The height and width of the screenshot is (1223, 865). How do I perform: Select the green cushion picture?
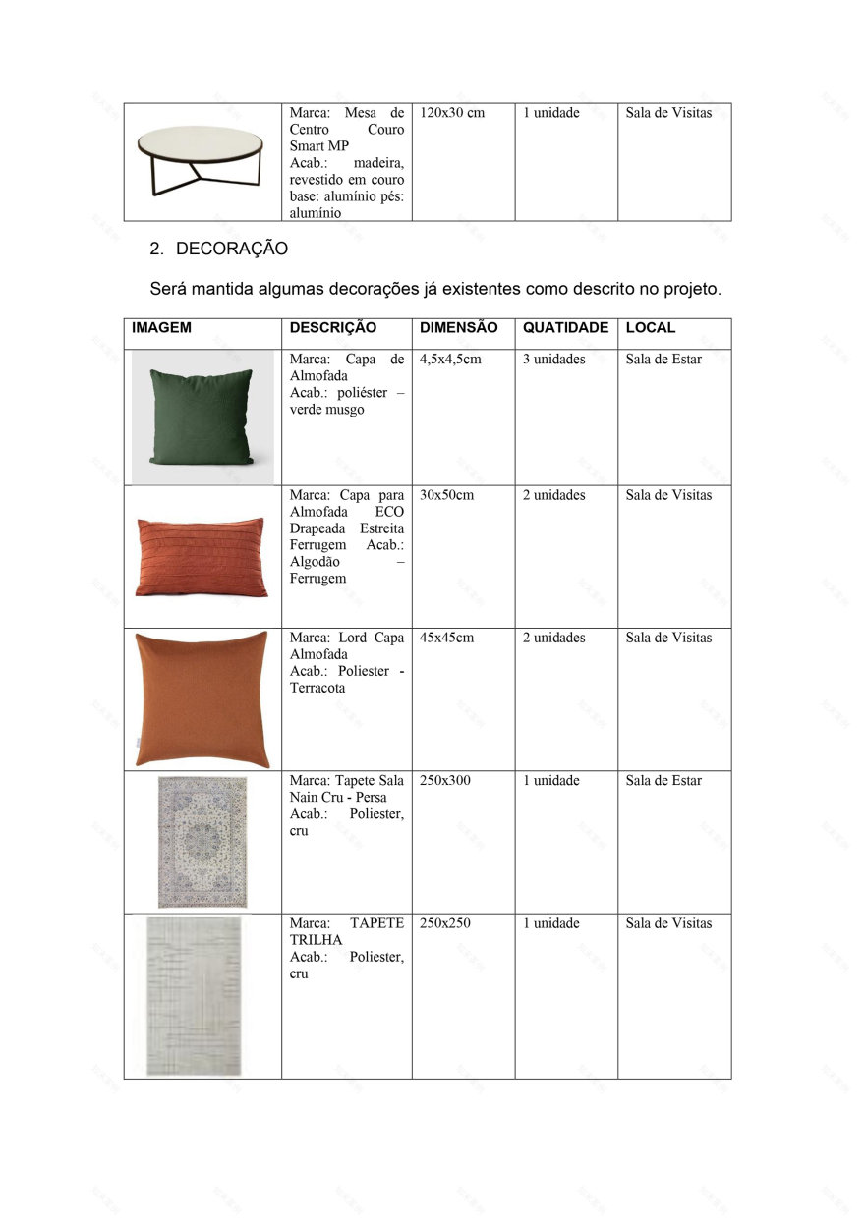point(202,417)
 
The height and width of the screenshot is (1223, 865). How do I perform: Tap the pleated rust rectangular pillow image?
point(201,557)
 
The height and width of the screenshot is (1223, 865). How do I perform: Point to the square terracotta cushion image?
point(202,699)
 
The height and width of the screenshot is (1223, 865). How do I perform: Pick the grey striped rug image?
point(194,995)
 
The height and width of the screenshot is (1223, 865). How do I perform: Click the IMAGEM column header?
point(161,328)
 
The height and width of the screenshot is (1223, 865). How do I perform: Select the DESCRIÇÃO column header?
point(332,328)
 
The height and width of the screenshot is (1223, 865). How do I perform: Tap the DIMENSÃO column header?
point(458,328)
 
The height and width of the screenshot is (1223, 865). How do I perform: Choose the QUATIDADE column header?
point(565,328)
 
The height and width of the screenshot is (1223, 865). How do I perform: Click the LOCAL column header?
point(650,328)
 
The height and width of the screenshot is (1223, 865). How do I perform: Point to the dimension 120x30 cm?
point(452,113)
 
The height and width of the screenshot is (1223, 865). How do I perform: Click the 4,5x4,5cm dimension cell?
point(450,360)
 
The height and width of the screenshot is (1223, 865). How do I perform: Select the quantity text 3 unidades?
point(553,360)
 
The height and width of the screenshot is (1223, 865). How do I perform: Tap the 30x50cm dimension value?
point(446,495)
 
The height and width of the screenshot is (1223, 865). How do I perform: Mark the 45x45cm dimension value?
point(446,638)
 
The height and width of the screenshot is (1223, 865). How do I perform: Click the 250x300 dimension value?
point(445,781)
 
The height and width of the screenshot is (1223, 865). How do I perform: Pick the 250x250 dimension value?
point(445,923)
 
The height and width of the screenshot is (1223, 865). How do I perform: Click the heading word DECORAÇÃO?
point(232,250)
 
